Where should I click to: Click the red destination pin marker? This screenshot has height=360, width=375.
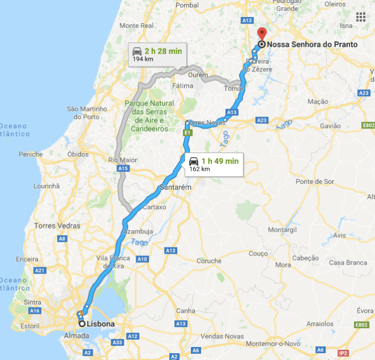pos(261,33)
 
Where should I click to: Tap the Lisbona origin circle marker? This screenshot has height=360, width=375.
pos(82,324)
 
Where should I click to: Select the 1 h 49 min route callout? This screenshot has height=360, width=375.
pos(213,164)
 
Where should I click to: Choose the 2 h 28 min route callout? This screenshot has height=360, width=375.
pos(156,55)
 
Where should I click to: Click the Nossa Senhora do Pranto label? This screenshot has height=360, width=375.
pos(312,44)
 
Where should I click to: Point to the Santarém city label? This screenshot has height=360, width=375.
pos(174,187)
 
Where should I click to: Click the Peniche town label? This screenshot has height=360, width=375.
pos(30,154)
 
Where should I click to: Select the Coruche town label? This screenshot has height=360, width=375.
pos(209,261)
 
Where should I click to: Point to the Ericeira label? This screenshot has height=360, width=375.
pos(27,259)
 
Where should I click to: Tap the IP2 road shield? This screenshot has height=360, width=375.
pos(343,353)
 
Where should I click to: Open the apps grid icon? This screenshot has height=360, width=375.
pos(360,16)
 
